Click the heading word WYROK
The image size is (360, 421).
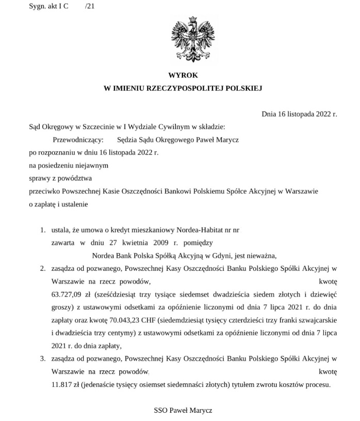point(183,75)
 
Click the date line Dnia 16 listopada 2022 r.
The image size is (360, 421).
point(299,114)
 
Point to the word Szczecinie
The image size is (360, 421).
point(93,126)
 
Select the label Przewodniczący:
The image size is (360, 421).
point(78,139)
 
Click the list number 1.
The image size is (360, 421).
point(43,229)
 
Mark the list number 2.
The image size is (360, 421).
point(43,269)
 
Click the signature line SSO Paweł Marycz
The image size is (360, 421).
point(183,411)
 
